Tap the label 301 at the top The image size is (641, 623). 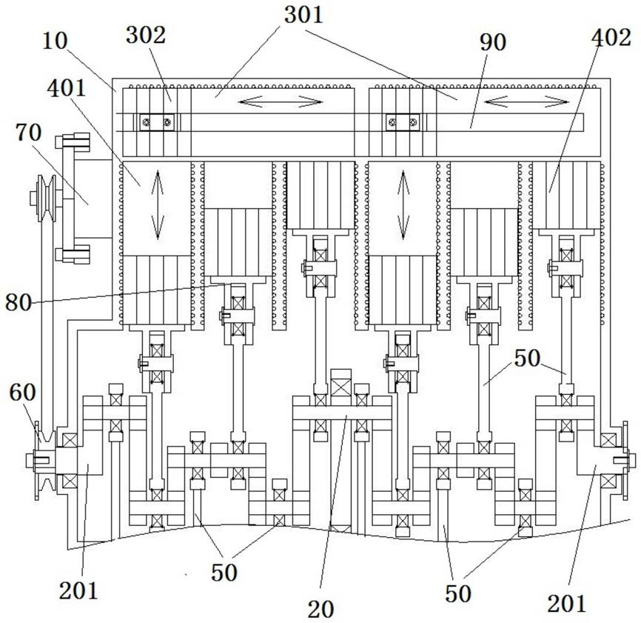click(303, 15)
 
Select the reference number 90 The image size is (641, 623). click(493, 42)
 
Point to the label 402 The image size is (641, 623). click(611, 37)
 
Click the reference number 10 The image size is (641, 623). click(55, 41)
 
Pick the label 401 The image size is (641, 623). click(67, 88)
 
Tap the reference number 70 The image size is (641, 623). click(29, 133)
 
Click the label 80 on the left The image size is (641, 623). click(19, 303)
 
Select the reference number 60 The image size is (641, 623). click(22, 393)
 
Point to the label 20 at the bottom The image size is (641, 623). click(320, 610)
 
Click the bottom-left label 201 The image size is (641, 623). click(78, 590)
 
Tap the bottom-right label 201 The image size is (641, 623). click(566, 603)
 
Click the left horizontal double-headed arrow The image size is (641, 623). click(281, 101)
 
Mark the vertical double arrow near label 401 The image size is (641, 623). click(158, 205)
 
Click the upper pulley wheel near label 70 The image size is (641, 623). click(46, 199)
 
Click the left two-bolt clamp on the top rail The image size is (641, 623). click(157, 122)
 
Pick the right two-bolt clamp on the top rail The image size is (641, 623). click(403, 122)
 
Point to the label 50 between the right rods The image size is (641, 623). click(527, 358)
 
